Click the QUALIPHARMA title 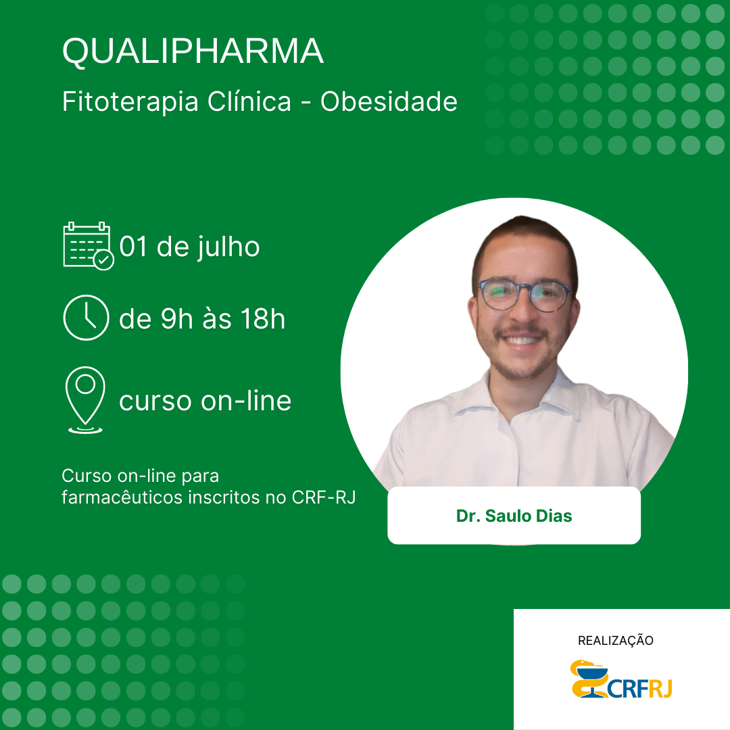point(193,51)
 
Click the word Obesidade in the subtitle point(389,101)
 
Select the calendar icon point(88,246)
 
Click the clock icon point(86,318)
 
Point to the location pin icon point(85,400)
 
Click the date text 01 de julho point(189,247)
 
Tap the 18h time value point(262,319)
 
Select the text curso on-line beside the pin point(205,401)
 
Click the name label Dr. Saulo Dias point(514,516)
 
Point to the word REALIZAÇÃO point(616,641)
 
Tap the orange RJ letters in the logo point(660,688)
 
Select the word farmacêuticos point(122,497)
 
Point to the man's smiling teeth point(521,340)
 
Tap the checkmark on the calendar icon point(103,260)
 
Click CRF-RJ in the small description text point(324,497)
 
